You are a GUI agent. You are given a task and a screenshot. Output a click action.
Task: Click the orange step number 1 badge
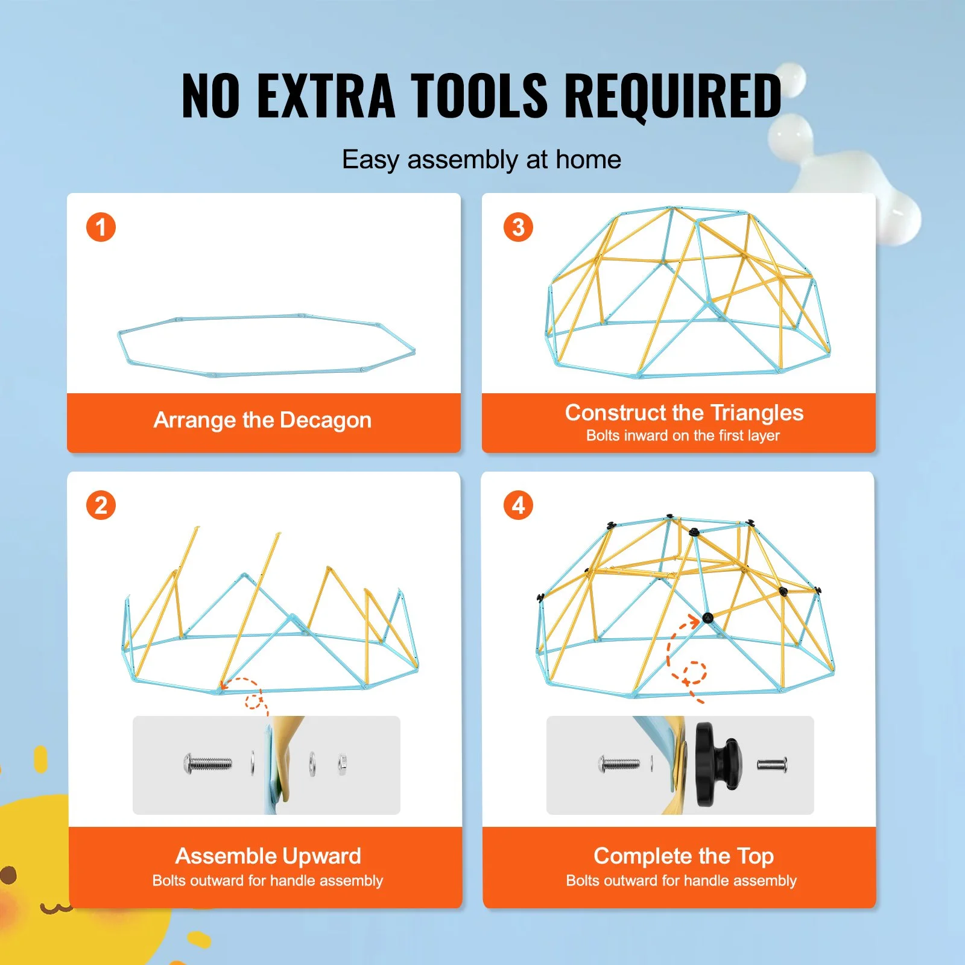point(101,227)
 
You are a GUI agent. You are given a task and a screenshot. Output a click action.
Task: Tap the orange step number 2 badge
point(101,505)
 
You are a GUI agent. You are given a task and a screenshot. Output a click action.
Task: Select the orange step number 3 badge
point(518,227)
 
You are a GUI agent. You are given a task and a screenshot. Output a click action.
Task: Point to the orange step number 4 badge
point(518,505)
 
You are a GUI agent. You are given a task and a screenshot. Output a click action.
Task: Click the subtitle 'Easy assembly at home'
point(481,160)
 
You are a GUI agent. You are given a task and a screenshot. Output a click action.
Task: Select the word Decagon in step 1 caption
point(325,420)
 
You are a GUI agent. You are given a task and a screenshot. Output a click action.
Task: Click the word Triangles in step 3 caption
point(757,413)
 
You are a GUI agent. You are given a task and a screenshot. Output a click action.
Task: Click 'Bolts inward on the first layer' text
point(683,435)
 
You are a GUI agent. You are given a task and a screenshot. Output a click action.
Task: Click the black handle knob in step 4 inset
point(718,764)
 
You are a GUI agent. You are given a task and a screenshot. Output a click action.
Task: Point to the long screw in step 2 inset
point(207,764)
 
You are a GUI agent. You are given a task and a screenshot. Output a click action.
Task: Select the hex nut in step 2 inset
point(342,765)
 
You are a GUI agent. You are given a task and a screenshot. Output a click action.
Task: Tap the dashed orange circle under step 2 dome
point(254,701)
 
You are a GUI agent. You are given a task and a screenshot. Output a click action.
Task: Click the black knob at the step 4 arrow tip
point(707,618)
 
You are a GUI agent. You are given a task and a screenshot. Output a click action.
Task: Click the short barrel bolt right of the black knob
point(772,765)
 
